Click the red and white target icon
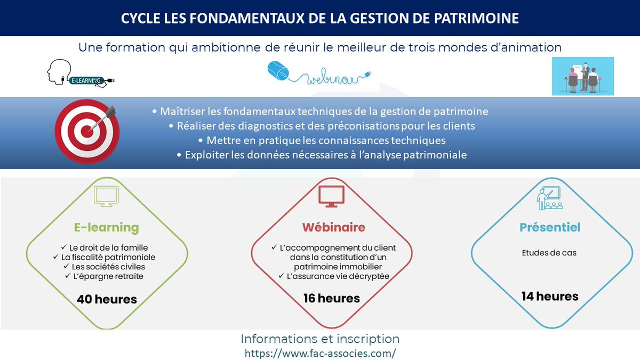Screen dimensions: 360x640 point(86,131)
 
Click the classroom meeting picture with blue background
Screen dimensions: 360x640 point(582,76)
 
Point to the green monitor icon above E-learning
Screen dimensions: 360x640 point(107,196)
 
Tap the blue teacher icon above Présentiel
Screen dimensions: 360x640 point(549,197)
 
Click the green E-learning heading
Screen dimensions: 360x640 point(106,228)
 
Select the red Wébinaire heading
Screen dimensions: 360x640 point(333,228)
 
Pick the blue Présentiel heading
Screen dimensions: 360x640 point(550,228)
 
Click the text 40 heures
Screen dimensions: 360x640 point(107,299)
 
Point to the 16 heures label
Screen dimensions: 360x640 point(332,298)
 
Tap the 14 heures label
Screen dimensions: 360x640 point(550,296)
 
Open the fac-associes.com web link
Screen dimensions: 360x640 point(320,353)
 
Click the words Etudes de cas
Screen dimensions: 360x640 point(549,253)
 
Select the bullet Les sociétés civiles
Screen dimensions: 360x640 point(108,267)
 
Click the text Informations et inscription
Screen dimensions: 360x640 point(320,339)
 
